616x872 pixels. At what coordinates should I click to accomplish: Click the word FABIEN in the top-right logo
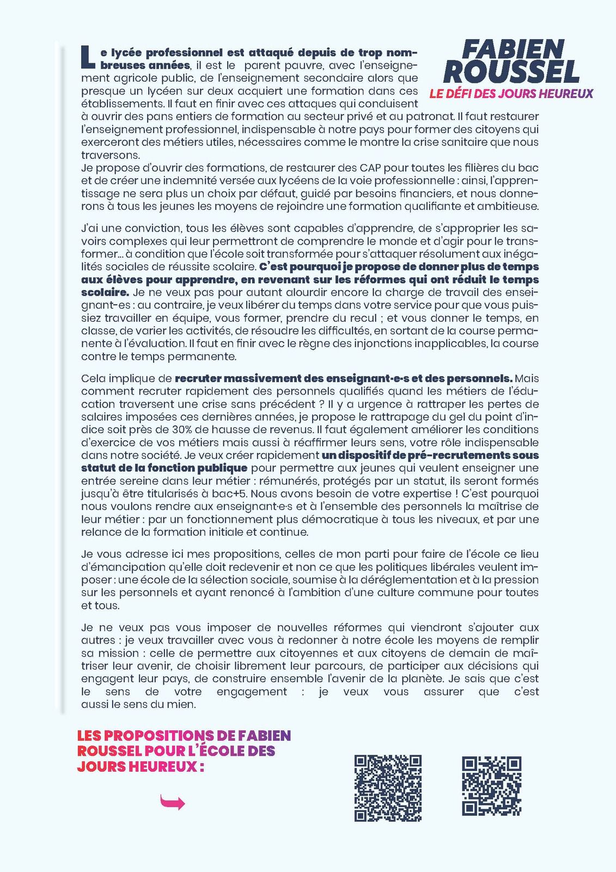click(x=513, y=50)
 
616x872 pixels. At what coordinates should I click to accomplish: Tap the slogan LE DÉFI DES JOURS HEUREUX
click(x=511, y=94)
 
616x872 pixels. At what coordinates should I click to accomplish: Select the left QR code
click(x=388, y=788)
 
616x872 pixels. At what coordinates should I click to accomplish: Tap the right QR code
click(x=492, y=786)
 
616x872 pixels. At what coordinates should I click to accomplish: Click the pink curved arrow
click(x=172, y=802)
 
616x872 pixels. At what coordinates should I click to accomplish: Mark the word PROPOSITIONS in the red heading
click(x=158, y=736)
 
